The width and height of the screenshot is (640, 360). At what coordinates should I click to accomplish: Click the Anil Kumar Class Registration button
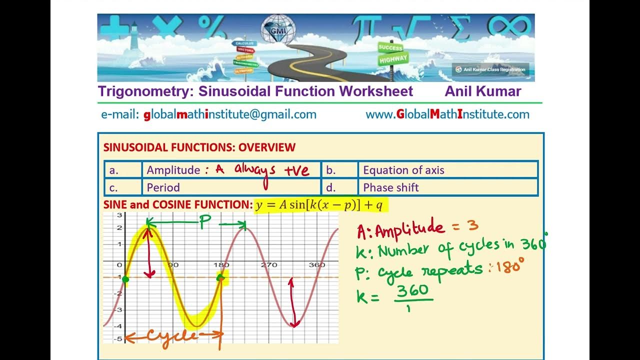pos(490,69)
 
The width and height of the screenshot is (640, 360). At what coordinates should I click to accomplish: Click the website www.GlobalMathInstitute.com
pos(447,114)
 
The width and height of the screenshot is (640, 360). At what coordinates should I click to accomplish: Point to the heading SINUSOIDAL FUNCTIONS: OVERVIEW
pos(199,147)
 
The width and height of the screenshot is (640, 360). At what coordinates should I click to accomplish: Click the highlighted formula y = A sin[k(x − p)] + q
pos(320,205)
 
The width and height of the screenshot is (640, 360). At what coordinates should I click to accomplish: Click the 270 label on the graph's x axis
pos(269,265)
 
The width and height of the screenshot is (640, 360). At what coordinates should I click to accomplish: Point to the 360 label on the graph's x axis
pos(317,265)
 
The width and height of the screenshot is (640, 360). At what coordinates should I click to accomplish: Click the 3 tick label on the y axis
pos(119,215)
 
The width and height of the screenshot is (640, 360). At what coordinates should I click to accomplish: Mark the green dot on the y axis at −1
pos(125,279)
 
